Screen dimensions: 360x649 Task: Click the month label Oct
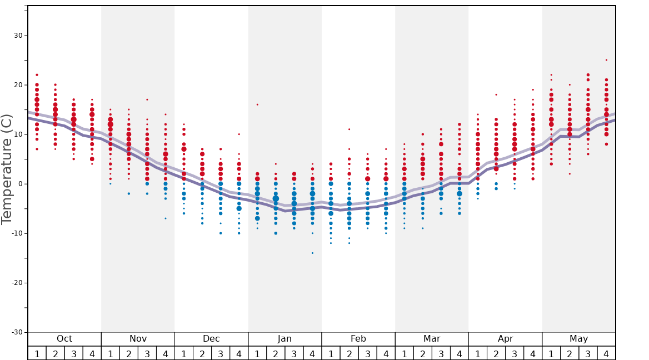coord(64,339)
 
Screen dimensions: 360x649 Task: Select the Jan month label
coord(284,339)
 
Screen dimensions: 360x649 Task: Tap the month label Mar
coord(432,339)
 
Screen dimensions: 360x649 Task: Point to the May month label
coord(578,339)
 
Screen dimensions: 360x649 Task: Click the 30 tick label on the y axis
coord(18,36)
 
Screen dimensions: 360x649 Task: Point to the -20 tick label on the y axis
coord(16,283)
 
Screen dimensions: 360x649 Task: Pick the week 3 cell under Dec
coord(221,353)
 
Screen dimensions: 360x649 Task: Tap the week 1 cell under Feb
coord(331,353)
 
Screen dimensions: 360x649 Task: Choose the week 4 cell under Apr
coord(533,353)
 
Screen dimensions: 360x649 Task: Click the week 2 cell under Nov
coord(129,353)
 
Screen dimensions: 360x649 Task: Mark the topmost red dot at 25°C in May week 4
coord(606,60)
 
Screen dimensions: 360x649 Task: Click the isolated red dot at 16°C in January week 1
coord(257,104)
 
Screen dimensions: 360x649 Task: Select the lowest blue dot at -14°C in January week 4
coord(312,253)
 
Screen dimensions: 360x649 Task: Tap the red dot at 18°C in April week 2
coord(496,94)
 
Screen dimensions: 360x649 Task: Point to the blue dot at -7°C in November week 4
coord(166,218)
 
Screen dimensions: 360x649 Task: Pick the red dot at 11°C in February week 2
coord(349,129)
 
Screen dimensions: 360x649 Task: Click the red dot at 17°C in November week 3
coord(147,99)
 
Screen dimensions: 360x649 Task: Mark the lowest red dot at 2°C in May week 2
coord(570,174)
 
